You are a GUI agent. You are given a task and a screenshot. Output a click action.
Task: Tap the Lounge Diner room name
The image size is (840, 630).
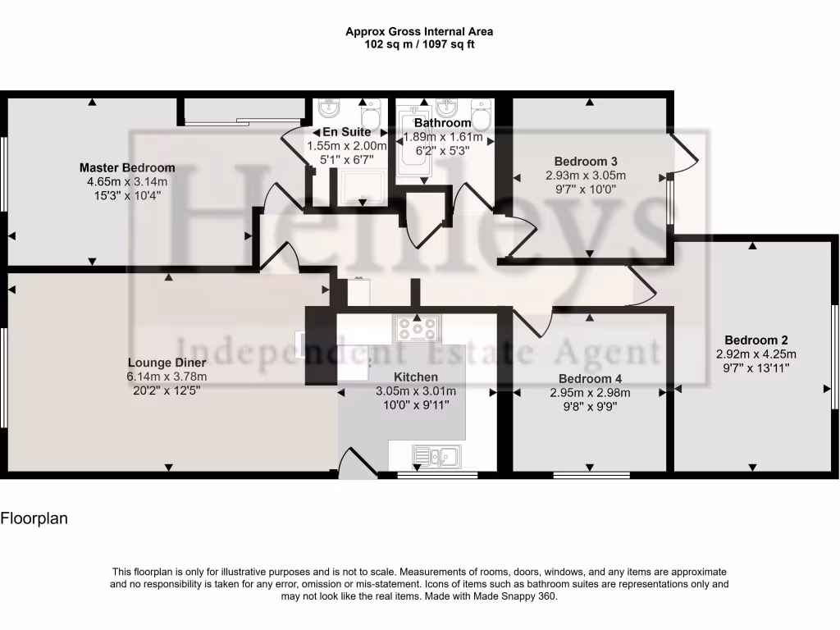[x=167, y=362]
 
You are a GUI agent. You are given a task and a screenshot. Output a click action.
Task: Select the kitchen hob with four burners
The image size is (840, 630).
[x=417, y=329]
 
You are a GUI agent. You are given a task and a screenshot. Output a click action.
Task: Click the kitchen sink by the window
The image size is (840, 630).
[x=436, y=454]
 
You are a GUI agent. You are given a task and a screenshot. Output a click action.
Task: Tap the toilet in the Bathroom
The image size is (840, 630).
[x=482, y=115]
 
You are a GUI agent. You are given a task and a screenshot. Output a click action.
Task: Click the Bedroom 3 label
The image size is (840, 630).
[x=585, y=161]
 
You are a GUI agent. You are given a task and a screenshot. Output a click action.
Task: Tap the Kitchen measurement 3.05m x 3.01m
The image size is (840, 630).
[x=415, y=391]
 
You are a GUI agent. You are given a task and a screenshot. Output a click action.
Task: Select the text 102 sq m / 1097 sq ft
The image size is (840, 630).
[x=419, y=44]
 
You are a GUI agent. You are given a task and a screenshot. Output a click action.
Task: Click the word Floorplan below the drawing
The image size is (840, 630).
[x=34, y=518]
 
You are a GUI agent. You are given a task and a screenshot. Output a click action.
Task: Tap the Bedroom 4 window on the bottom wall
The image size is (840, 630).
[x=591, y=474]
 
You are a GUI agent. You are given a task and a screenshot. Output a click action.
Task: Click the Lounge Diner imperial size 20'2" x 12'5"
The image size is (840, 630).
[x=167, y=391]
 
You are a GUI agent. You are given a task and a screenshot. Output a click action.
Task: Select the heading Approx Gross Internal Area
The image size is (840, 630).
[x=419, y=32]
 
